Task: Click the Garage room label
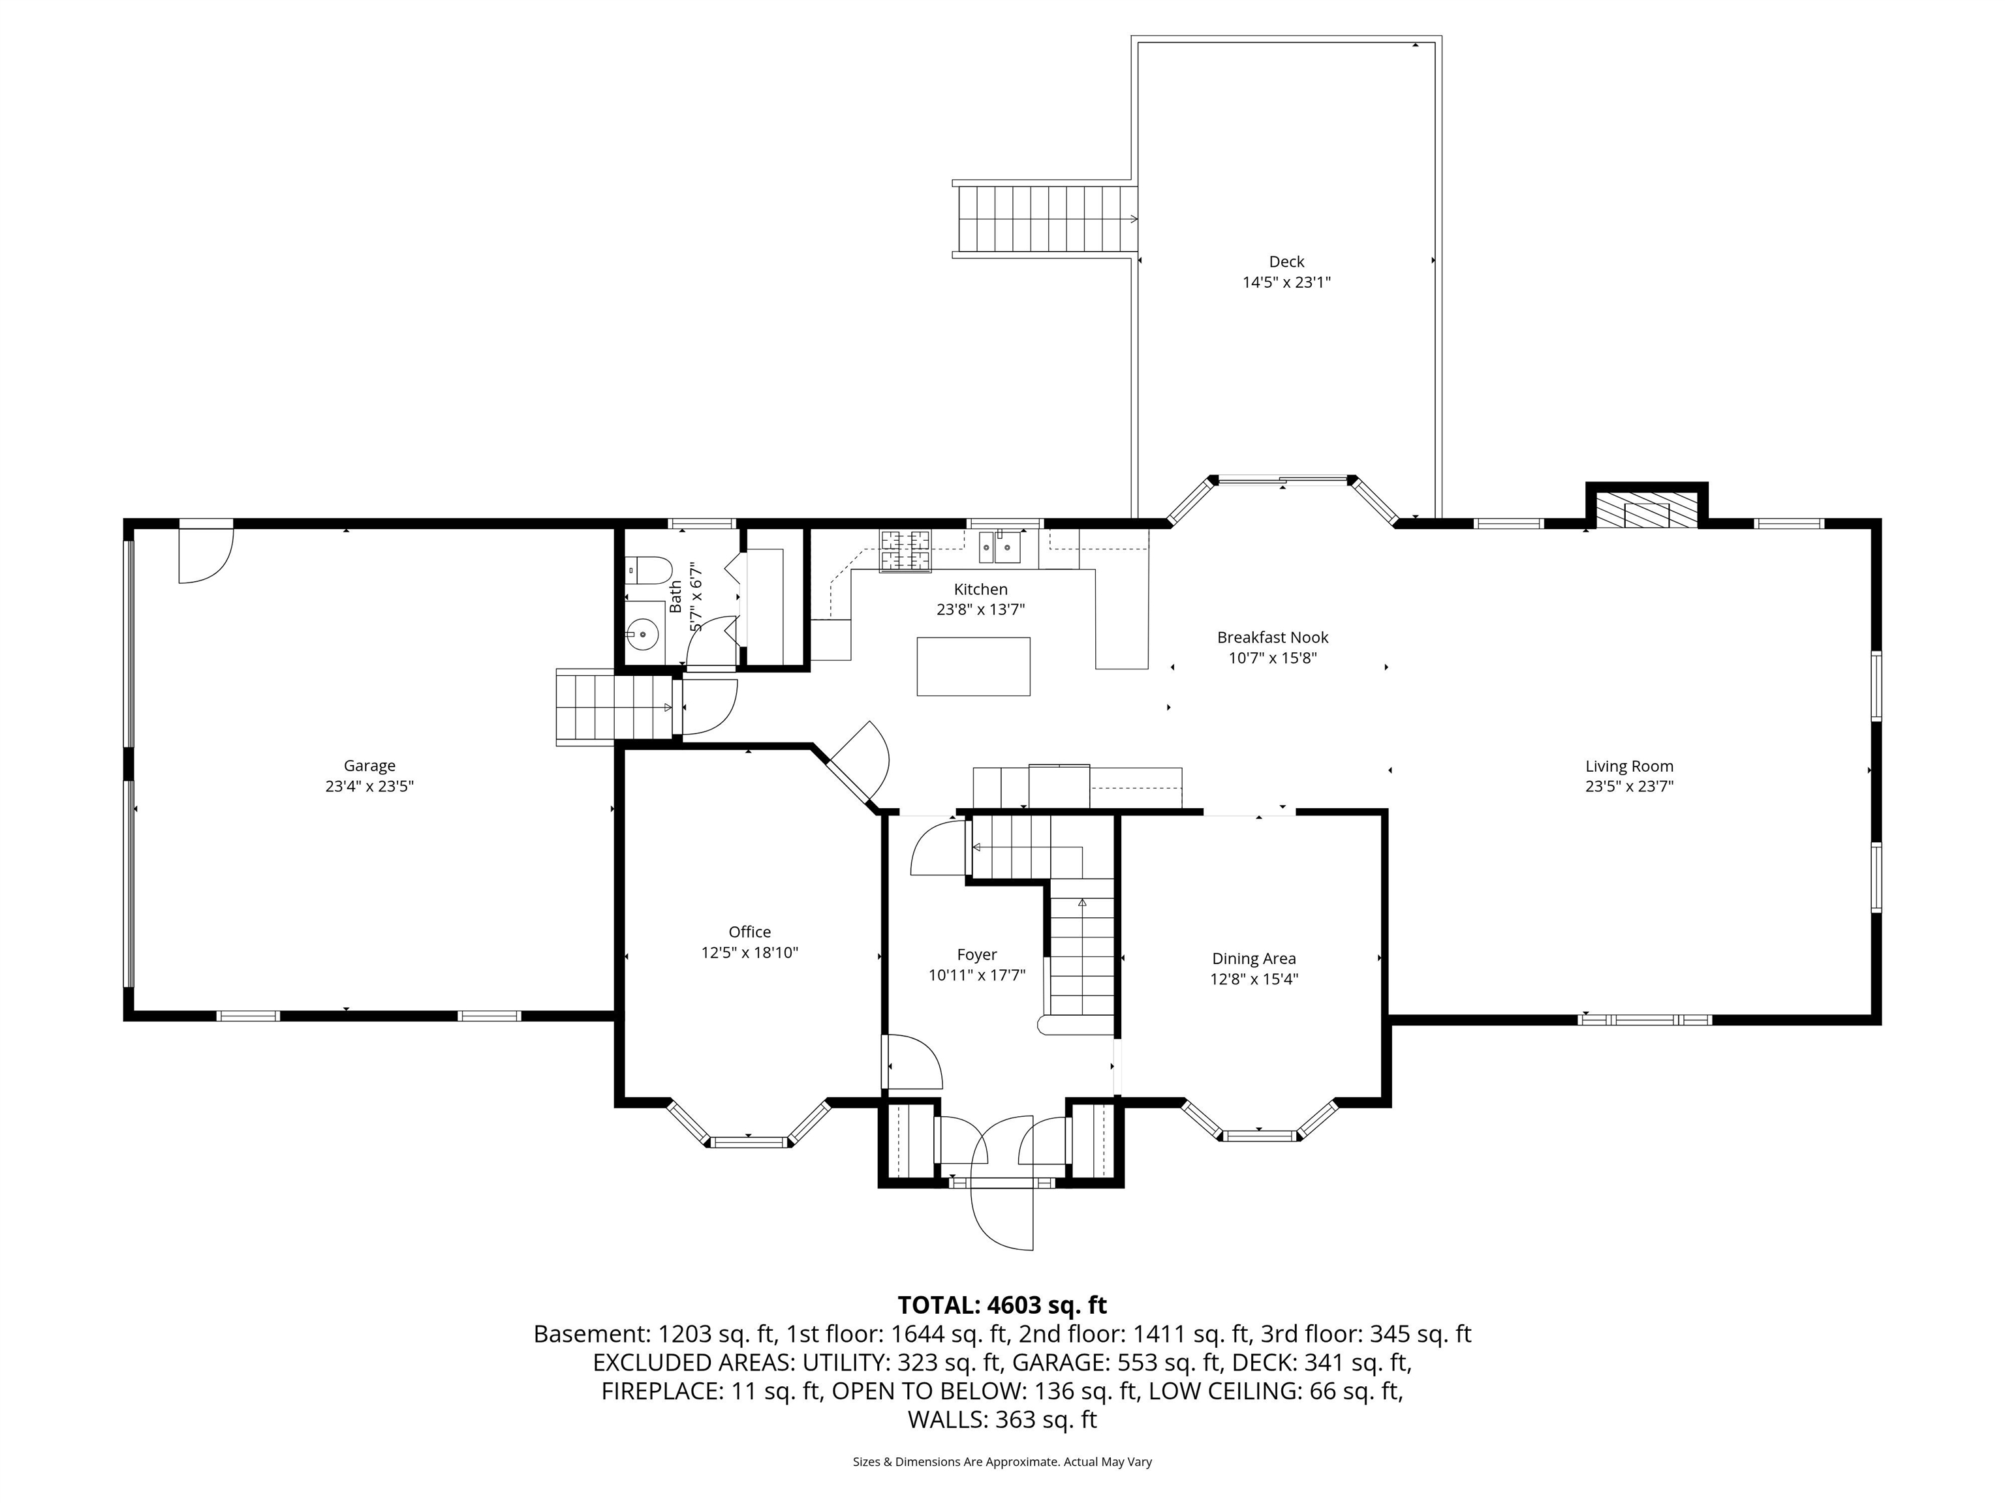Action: coord(369,766)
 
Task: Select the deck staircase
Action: coord(1044,219)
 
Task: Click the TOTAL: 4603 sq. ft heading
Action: coord(1002,1305)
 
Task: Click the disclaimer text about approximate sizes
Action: coord(1002,1461)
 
